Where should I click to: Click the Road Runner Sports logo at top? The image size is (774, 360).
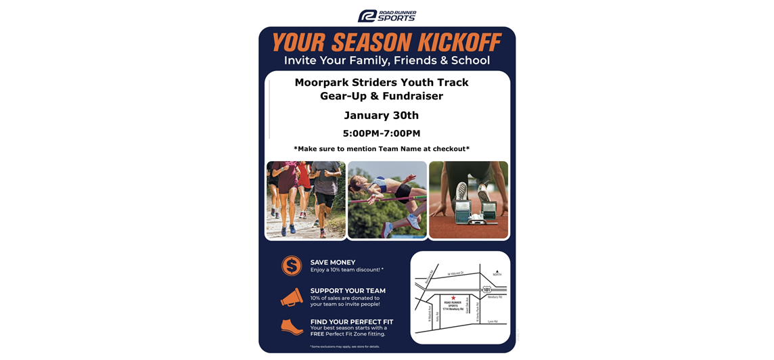[387, 16]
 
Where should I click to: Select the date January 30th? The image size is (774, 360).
[381, 115]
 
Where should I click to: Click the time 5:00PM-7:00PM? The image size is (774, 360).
[381, 133]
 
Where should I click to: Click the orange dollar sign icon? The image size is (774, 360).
[292, 265]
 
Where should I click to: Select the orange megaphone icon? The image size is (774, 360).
[292, 297]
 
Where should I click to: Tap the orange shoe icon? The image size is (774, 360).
[292, 327]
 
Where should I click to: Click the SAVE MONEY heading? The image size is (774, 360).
[333, 263]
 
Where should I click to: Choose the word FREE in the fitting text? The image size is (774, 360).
[317, 334]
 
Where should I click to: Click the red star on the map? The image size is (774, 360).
[453, 297]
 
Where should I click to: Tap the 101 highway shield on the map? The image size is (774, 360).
[486, 290]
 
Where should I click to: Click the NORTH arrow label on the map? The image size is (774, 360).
[497, 273]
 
